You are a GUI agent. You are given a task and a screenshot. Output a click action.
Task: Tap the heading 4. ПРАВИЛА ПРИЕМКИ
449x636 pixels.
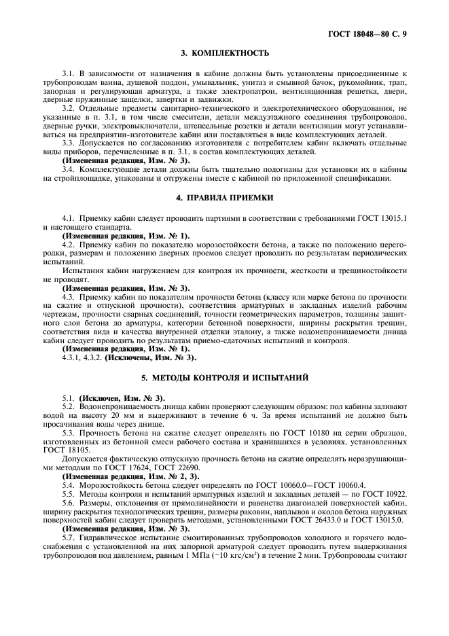point(224,197)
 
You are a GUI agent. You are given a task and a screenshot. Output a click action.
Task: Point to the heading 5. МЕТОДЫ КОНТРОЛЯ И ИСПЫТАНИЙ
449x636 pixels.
point(224,376)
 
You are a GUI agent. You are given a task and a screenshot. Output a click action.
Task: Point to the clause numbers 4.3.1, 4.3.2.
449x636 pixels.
point(83,356)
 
